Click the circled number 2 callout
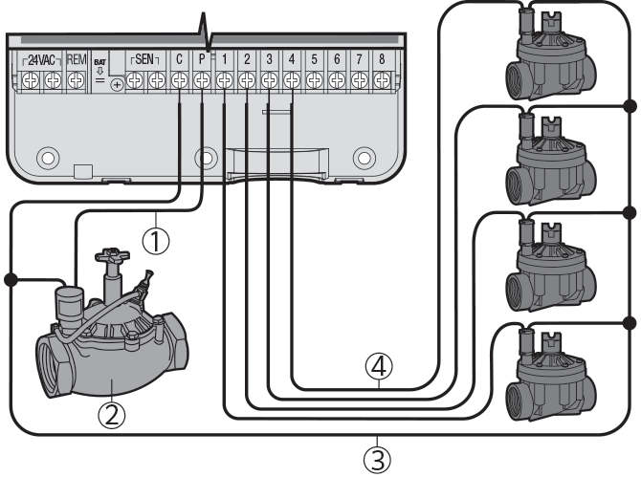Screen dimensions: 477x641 pos(113,415)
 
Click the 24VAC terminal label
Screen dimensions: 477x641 pos(41,59)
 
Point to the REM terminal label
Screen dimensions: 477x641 pos(77,59)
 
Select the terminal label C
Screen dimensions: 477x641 pos(179,59)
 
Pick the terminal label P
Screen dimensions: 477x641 pos(202,59)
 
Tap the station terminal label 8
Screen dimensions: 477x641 pos(382,59)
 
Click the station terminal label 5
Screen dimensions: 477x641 pos(314,59)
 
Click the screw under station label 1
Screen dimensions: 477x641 pos(224,82)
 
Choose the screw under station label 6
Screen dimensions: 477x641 pos(337,82)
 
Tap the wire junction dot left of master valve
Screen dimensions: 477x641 pos(11,279)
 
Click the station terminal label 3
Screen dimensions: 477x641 pos(269,59)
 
